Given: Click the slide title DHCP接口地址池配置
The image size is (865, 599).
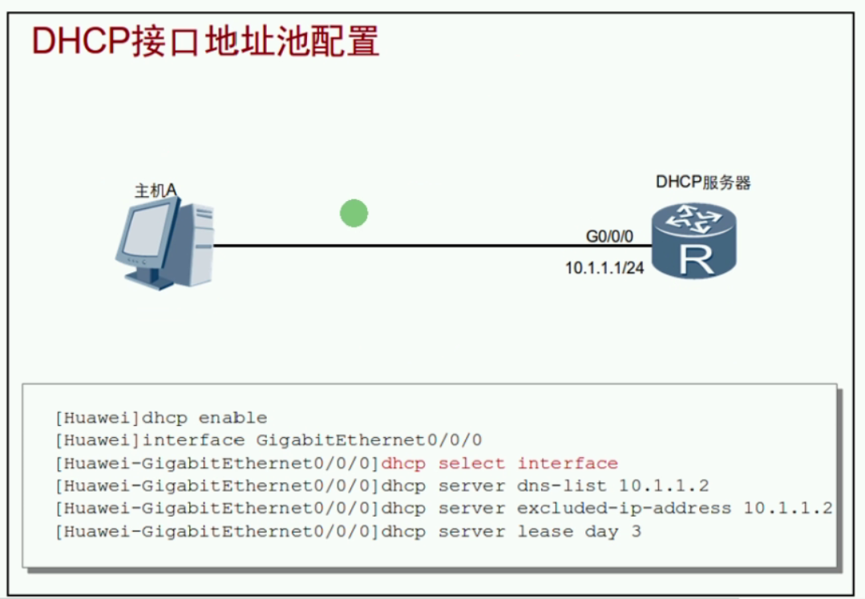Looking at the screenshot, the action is (205, 42).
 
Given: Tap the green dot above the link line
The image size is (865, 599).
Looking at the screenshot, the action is (354, 213).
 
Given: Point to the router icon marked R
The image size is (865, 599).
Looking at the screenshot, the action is (693, 240).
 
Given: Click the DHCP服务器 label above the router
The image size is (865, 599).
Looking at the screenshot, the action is (703, 183).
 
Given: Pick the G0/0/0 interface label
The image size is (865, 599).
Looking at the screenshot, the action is (609, 236).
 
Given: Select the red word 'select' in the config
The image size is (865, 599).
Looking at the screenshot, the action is (471, 464).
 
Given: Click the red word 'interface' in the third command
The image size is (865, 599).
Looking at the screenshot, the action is (568, 464).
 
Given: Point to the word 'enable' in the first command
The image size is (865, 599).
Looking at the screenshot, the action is (232, 418).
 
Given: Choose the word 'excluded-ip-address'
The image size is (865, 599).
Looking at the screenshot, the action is (624, 509).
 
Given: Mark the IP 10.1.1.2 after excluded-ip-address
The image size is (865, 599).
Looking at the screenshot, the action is (788, 509).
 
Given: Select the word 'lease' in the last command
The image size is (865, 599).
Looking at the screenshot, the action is (545, 532).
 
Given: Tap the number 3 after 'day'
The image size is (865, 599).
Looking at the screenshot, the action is (636, 532).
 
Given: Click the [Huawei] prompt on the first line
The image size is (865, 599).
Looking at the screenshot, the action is (97, 418).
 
